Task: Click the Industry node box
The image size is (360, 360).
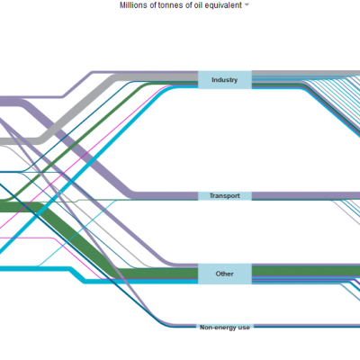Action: click(225, 80)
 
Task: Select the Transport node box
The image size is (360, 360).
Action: click(225, 196)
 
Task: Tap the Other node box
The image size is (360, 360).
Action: click(225, 274)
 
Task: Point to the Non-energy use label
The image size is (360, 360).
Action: click(225, 328)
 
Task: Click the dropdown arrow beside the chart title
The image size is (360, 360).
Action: click(247, 5)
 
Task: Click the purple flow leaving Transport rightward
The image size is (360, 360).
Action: click(306, 196)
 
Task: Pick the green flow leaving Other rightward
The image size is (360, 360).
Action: click(306, 271)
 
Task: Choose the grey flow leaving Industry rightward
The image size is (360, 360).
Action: click(306, 73)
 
